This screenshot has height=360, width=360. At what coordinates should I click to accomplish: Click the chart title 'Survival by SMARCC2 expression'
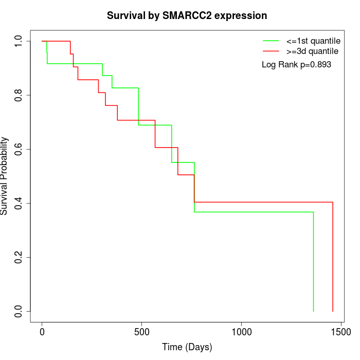(187, 15)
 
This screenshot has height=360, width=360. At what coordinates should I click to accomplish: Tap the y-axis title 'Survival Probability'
(5, 176)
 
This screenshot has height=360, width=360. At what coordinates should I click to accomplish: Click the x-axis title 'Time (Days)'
(187, 347)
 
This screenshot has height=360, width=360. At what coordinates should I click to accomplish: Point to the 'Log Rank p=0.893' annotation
(296, 65)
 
